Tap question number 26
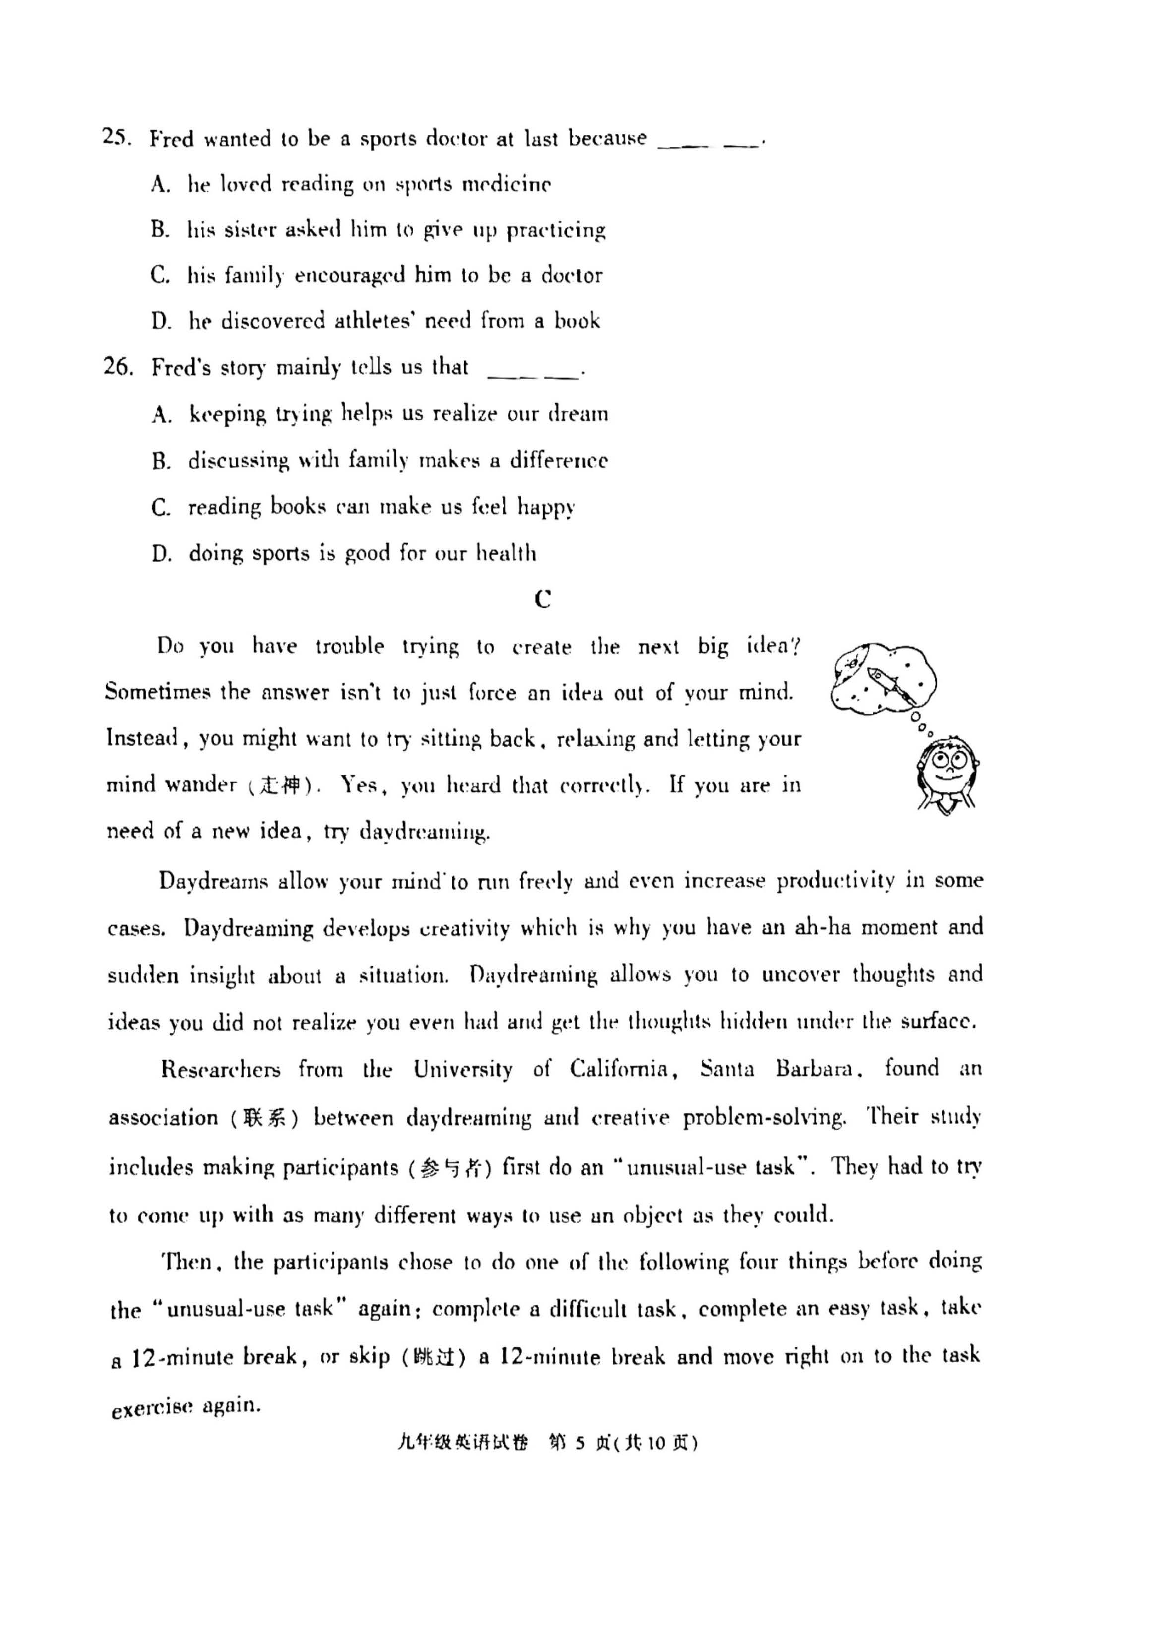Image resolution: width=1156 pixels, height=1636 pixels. coord(118,367)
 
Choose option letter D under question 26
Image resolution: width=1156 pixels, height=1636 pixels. coord(161,554)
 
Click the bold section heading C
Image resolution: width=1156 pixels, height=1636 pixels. coord(543,600)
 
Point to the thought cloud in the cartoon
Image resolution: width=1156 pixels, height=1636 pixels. coord(883,678)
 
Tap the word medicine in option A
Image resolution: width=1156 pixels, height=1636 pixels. coord(506,185)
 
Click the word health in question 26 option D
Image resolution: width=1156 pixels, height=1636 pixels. coord(506,554)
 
